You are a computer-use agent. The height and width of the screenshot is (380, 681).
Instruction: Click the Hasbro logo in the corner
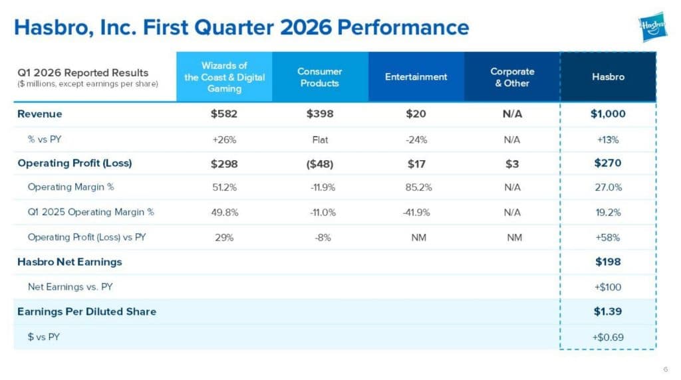pos(652,27)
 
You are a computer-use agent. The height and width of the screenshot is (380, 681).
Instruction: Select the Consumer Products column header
pos(320,77)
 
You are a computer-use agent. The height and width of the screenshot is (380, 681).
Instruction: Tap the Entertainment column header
pos(416,77)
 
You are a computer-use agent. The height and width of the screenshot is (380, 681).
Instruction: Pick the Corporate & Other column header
pos(512,77)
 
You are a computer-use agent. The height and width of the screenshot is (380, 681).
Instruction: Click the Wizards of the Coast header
pos(224,77)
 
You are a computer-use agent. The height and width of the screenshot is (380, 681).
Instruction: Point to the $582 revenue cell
pos(224,114)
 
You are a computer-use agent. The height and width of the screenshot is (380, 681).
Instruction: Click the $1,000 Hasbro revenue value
pos(608,114)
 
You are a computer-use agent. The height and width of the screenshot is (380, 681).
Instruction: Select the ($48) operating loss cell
pos(320,164)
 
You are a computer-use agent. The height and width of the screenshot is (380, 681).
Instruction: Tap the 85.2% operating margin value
pos(419,187)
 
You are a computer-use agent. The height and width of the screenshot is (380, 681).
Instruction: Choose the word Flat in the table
pos(320,140)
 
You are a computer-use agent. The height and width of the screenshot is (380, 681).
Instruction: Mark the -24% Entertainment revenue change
pos(416,140)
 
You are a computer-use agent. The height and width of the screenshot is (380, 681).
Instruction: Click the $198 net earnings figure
pos(608,262)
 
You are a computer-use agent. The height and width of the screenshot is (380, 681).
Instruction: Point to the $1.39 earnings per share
pos(608,312)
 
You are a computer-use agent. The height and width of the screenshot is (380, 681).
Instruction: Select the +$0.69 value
pos(608,337)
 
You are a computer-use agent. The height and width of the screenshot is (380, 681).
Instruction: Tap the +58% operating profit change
pos(608,238)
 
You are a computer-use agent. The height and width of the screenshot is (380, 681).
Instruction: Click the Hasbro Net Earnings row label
pos(69,262)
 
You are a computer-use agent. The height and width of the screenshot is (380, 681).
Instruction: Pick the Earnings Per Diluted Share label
pos(87,312)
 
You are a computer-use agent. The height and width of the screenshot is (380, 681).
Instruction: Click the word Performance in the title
pos(403,27)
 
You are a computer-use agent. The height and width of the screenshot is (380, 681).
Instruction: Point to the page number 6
pos(666,369)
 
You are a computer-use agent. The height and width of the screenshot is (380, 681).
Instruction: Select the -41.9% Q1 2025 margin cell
pos(416,213)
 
